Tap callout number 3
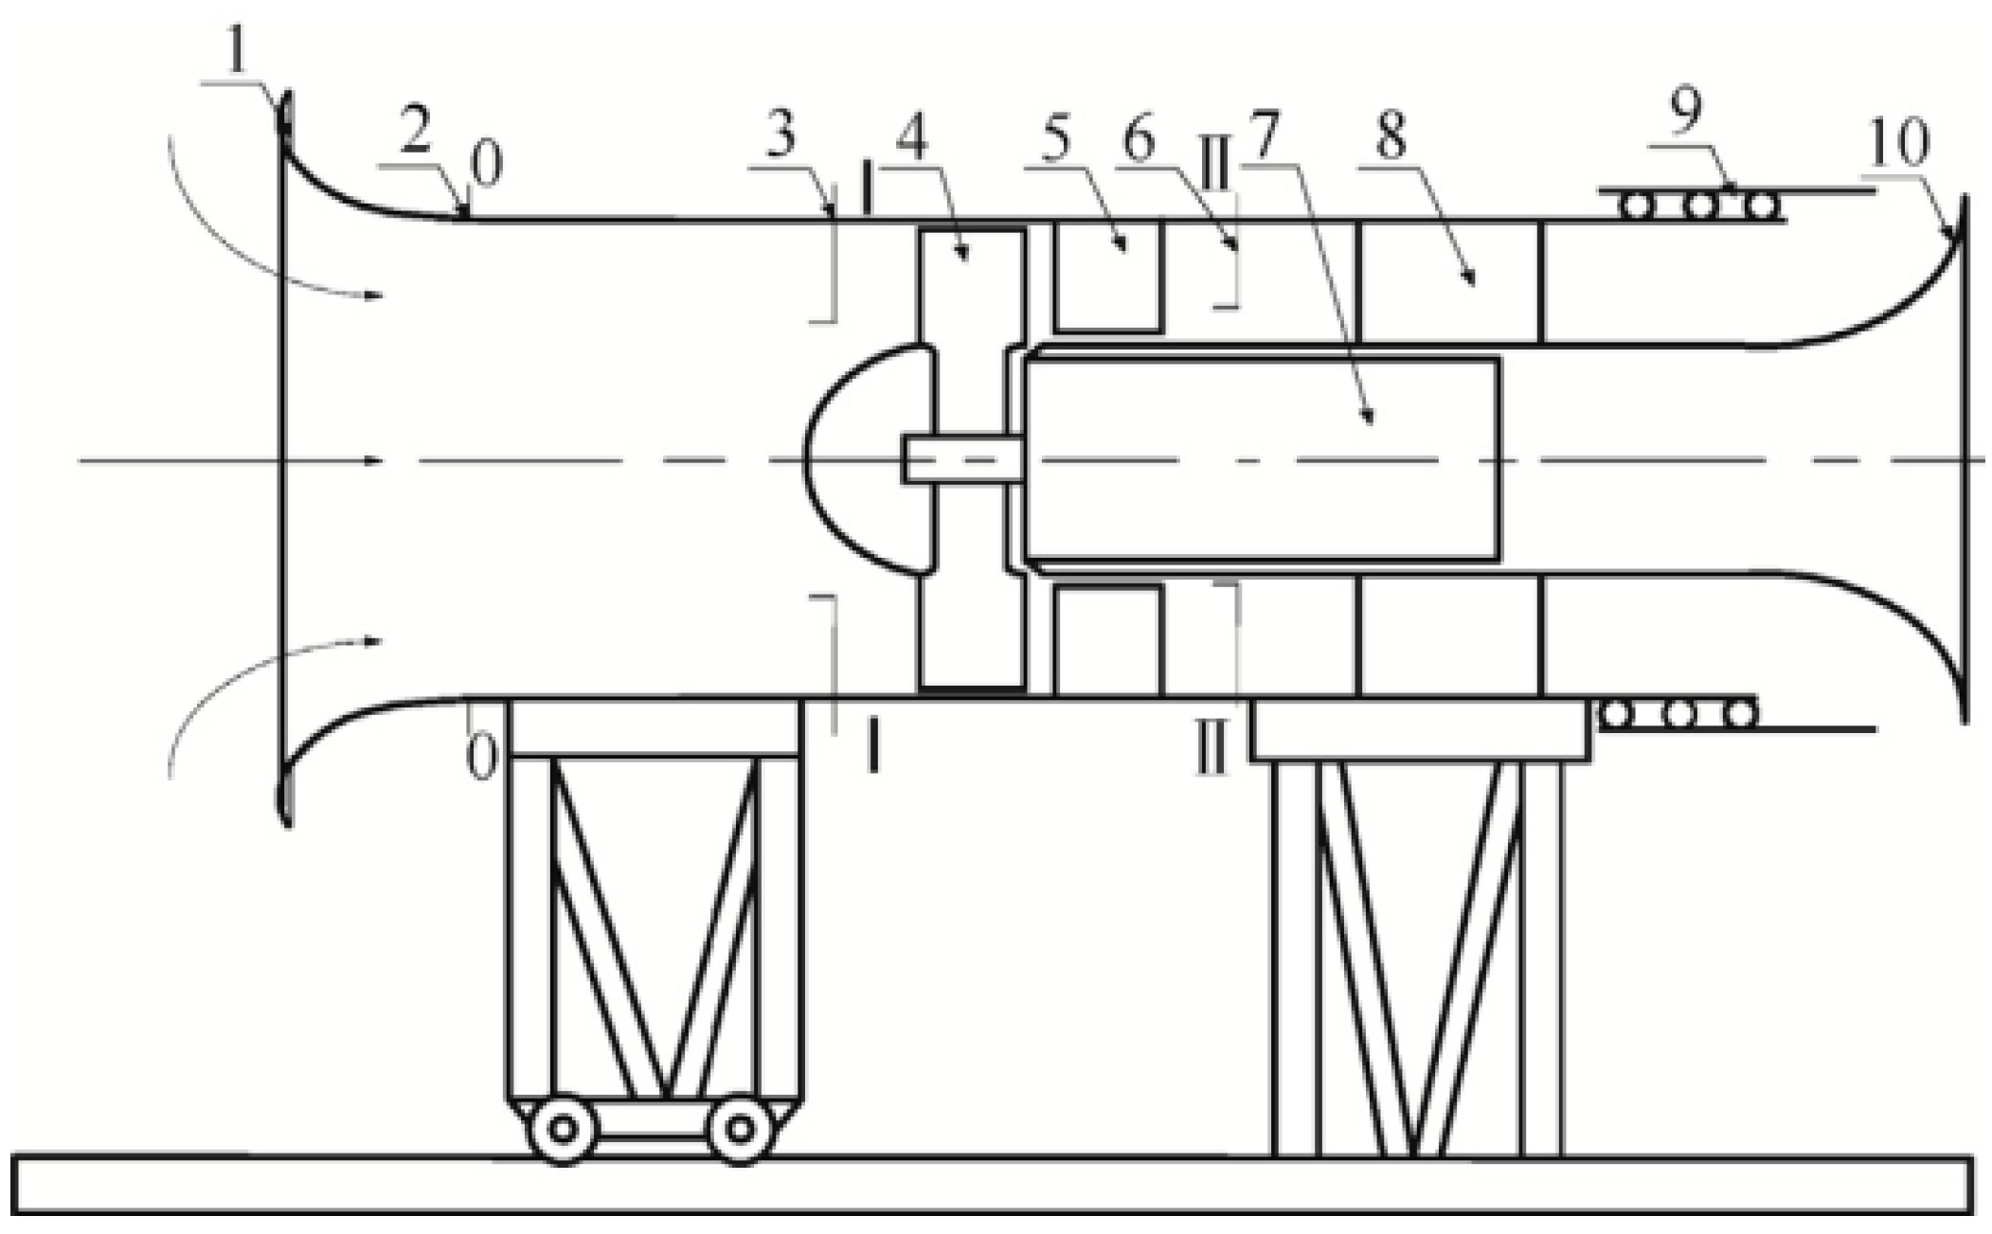(x=780, y=137)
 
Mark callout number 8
(x=1390, y=137)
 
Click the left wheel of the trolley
(x=563, y=1129)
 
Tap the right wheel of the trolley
(x=740, y=1129)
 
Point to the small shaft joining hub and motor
(x=961, y=459)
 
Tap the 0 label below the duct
(x=482, y=758)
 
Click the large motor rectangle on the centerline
(x=1260, y=459)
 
